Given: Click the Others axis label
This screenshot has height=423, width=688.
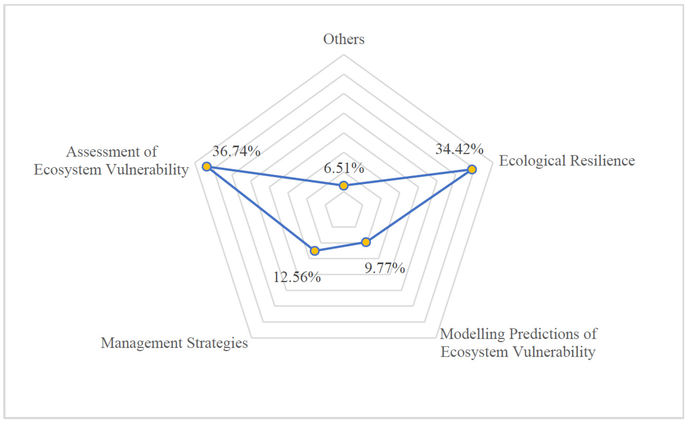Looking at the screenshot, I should point(344,39).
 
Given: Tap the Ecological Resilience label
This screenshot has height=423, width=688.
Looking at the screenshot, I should point(567,161).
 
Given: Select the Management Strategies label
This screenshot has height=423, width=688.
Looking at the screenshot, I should point(174,343).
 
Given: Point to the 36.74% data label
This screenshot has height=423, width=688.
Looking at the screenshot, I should point(236,151).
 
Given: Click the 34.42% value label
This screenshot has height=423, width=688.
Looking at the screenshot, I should point(459,149).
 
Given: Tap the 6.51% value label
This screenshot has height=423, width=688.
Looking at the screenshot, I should point(344,168).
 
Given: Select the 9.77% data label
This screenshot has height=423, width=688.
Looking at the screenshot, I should point(385,268).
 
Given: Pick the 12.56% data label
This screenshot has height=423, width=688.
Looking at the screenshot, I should point(297,277).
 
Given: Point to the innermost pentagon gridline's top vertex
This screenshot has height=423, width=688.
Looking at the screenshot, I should point(344,192).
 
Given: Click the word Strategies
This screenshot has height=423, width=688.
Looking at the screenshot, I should point(217,343).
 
